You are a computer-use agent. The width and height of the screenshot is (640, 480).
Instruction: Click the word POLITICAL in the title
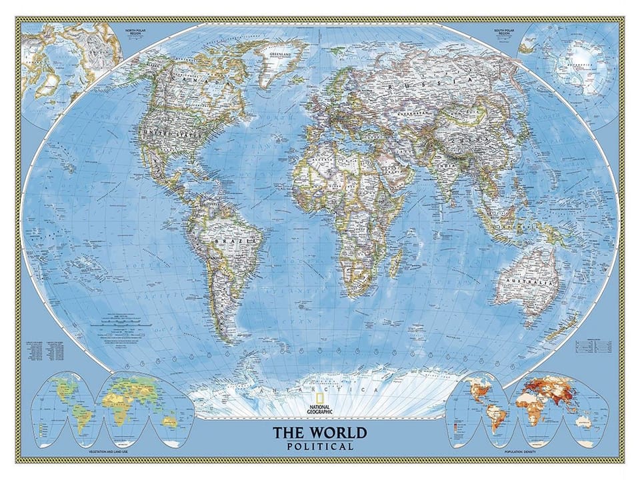coord(320,446)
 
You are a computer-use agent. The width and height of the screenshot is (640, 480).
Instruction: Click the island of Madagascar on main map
coord(395,263)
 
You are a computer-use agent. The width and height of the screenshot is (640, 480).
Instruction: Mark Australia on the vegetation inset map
coord(169,421)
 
